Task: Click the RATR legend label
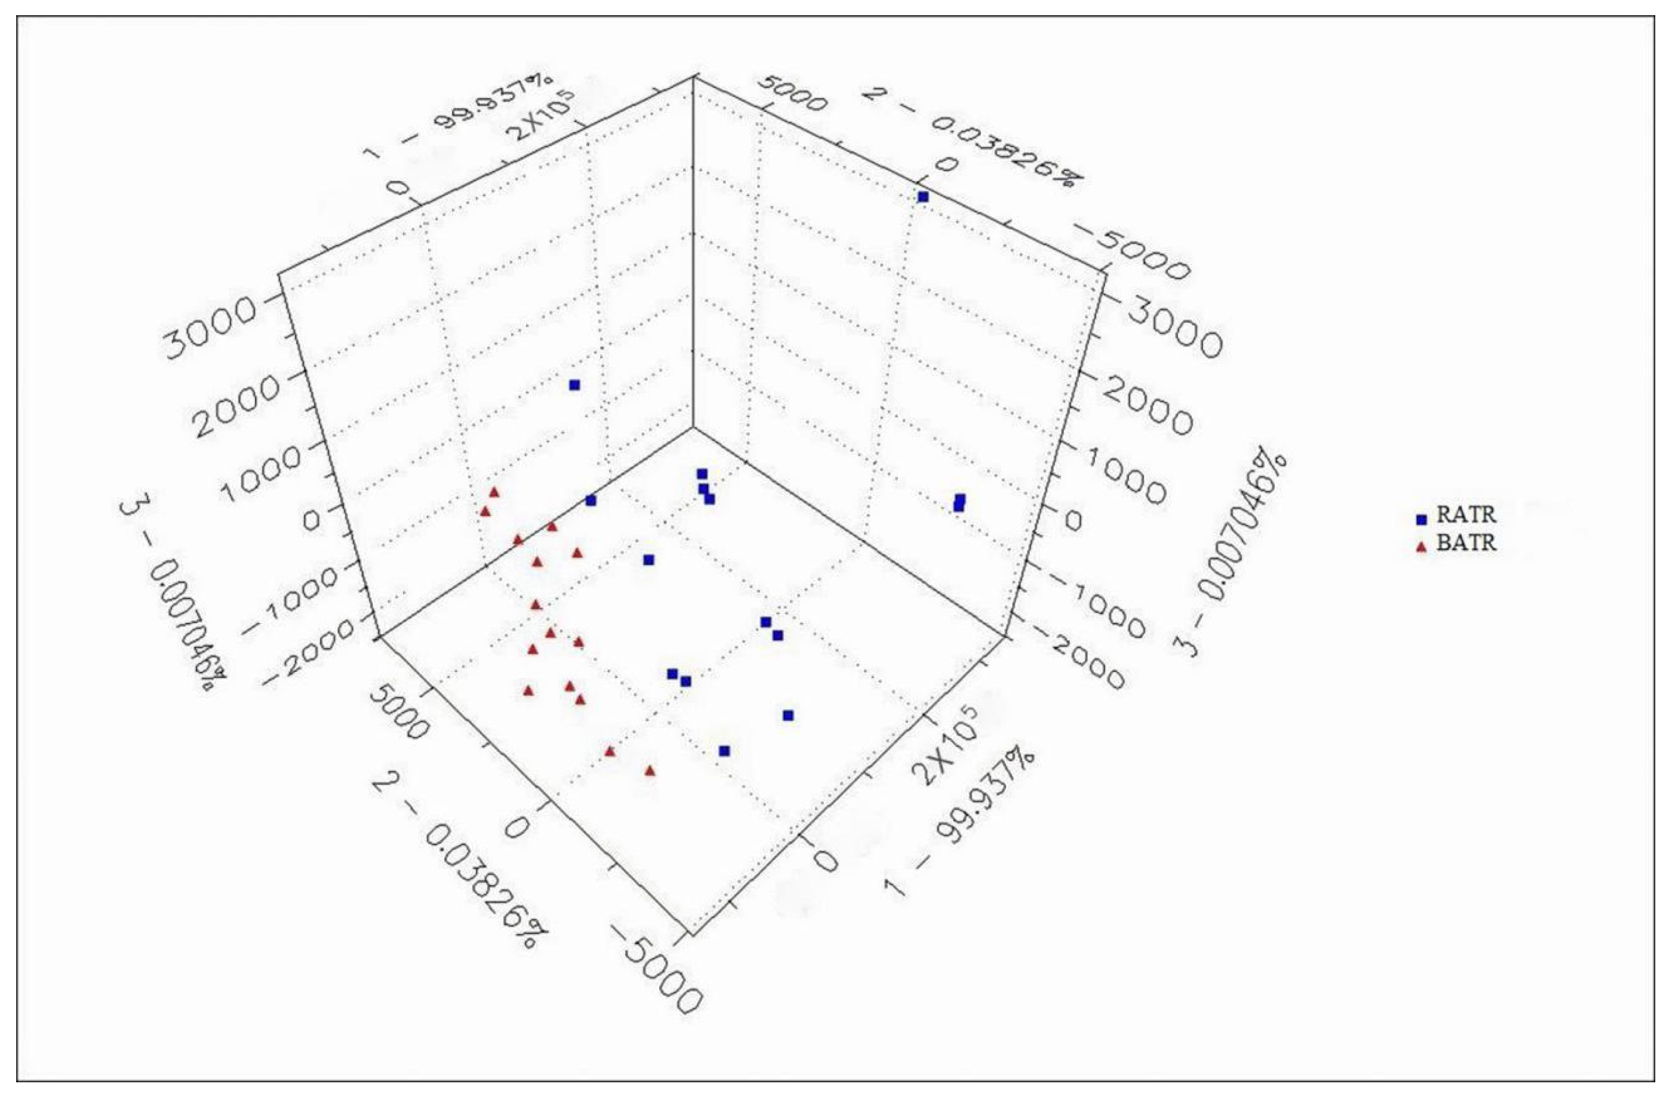tap(1465, 515)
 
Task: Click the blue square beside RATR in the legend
tap(1421, 520)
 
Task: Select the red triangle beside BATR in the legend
tap(1421, 547)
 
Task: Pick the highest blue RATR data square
tap(923, 197)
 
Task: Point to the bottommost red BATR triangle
tap(650, 771)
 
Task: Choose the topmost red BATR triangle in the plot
tap(494, 492)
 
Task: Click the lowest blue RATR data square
tap(724, 752)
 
